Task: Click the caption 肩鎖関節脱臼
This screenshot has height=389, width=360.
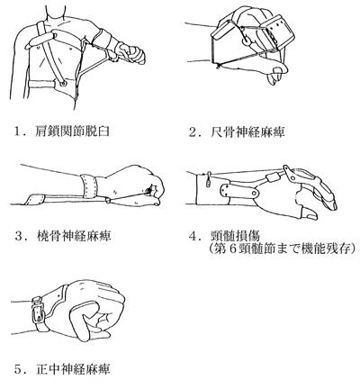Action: [x=72, y=131]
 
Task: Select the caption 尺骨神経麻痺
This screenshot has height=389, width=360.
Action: [x=247, y=132]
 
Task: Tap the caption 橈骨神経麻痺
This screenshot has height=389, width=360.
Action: [x=74, y=236]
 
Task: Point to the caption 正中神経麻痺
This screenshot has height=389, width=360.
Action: [x=73, y=369]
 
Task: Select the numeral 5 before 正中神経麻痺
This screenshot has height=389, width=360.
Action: [x=19, y=369]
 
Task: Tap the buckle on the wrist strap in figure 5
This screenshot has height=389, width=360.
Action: [x=38, y=313]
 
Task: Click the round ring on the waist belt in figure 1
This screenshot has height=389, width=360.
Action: [x=63, y=83]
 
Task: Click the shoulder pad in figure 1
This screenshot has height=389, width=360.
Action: [x=41, y=40]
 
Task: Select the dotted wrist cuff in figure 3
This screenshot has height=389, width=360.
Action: [x=89, y=186]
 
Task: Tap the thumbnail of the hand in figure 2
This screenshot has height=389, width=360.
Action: [x=277, y=70]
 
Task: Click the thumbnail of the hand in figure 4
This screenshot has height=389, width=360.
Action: [x=310, y=213]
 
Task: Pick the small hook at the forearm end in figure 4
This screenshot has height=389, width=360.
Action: [x=208, y=179]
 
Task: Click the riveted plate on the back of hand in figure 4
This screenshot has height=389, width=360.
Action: [x=239, y=191]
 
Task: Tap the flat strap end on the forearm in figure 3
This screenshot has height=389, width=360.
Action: [x=35, y=200]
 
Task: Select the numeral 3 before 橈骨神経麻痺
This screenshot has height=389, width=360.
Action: [x=19, y=236]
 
